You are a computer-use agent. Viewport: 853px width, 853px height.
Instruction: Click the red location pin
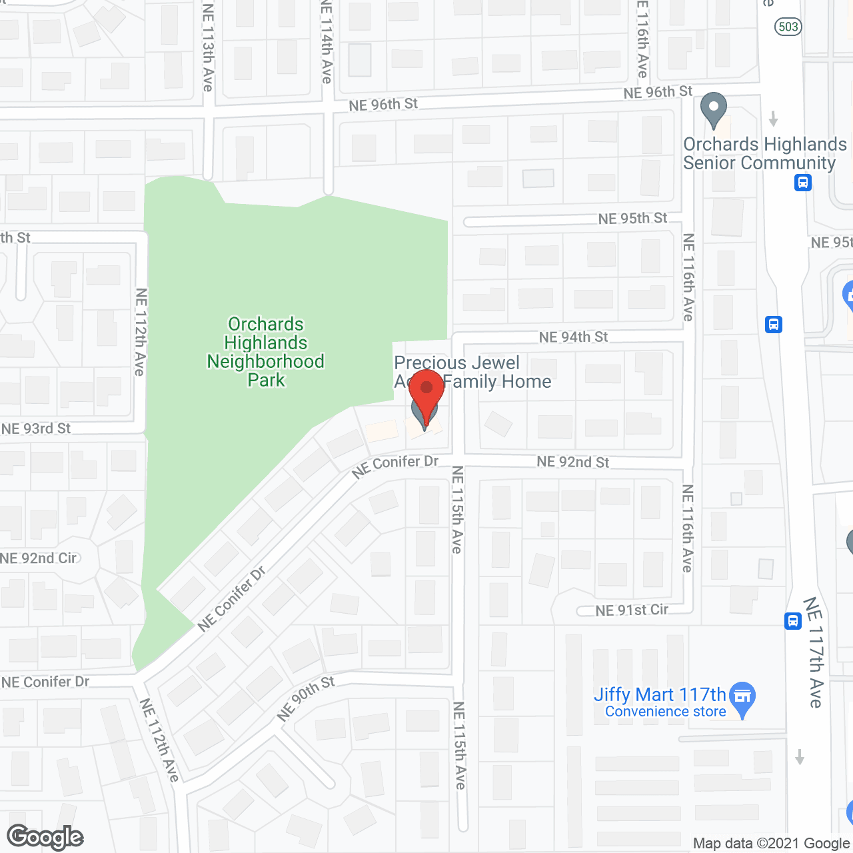[426, 393]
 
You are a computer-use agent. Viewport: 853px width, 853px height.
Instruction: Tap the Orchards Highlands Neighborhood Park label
[266, 352]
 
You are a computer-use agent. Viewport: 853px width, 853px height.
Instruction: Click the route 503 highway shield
[788, 27]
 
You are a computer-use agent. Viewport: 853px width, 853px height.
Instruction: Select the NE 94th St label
[573, 337]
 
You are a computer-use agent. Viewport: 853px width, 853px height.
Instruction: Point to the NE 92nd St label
[573, 462]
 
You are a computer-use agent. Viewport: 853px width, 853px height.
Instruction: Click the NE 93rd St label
[36, 428]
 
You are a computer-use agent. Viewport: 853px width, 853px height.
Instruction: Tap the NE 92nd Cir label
[39, 558]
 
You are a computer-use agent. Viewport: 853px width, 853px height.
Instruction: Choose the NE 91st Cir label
[632, 610]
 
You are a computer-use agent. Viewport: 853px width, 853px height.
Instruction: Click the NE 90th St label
[306, 698]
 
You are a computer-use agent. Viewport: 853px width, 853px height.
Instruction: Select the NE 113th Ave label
[208, 47]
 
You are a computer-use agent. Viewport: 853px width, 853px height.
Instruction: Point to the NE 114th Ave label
[326, 41]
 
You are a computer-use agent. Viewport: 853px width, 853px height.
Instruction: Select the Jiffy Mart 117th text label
[660, 695]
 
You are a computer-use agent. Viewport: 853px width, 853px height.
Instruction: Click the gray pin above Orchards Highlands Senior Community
[714, 109]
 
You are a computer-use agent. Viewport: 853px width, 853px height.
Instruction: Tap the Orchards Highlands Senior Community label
[765, 154]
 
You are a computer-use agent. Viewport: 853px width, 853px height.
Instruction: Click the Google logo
[45, 837]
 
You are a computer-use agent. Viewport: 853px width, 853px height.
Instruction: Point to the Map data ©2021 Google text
[771, 844]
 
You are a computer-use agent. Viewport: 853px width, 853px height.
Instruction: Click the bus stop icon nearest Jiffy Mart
[792, 620]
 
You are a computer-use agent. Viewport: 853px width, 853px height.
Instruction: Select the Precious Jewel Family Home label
[472, 372]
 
